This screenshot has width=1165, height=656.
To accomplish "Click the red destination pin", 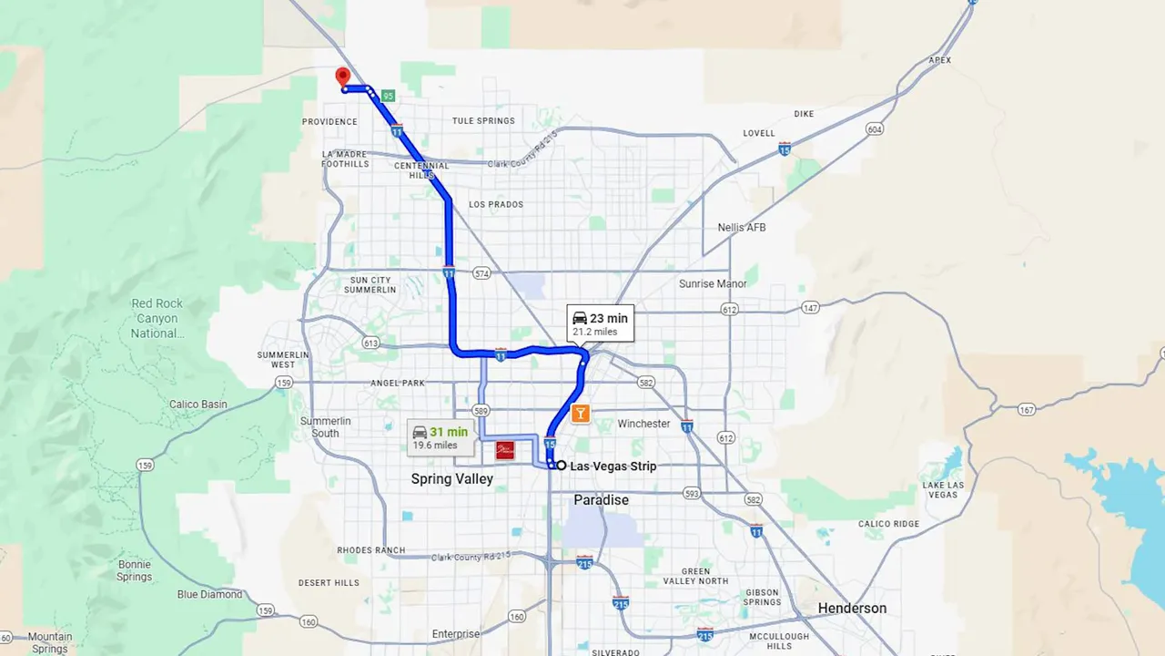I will [342, 77].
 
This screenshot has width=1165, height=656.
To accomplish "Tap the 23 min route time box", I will [600, 323].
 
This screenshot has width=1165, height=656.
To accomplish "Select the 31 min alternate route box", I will [440, 437].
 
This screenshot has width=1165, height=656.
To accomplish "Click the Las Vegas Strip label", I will [613, 466].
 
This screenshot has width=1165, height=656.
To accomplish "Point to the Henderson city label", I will [852, 609].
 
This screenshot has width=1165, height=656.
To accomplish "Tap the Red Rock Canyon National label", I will [157, 318].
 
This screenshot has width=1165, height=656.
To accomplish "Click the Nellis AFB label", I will [742, 227].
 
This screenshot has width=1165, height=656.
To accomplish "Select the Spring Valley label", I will [451, 479].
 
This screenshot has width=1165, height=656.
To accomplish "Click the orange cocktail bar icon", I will [581, 414].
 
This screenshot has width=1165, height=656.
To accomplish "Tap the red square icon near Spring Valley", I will [505, 450].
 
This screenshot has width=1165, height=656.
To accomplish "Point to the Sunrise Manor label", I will [713, 284].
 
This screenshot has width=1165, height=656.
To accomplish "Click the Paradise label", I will [601, 500].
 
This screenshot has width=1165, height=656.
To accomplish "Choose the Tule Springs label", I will [483, 121].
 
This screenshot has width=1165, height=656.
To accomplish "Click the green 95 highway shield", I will [389, 96].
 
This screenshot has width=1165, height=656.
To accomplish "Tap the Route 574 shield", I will [481, 273].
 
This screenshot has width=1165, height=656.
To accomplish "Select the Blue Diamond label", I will [210, 594].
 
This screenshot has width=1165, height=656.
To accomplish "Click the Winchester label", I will [643, 424].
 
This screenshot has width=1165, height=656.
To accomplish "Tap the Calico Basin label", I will [198, 405].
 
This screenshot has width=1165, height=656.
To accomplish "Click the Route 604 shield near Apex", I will [874, 129].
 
